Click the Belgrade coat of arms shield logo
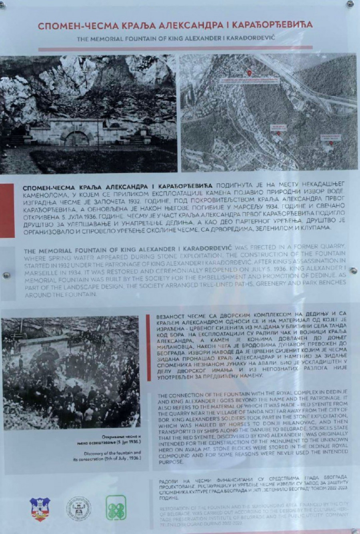[x=40, y=509]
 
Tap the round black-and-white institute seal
[x=78, y=508]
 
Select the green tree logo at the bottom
[x=116, y=508]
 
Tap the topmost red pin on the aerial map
[x=249, y=73]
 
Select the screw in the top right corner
[x=350, y=4]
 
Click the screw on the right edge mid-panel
[x=354, y=271]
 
